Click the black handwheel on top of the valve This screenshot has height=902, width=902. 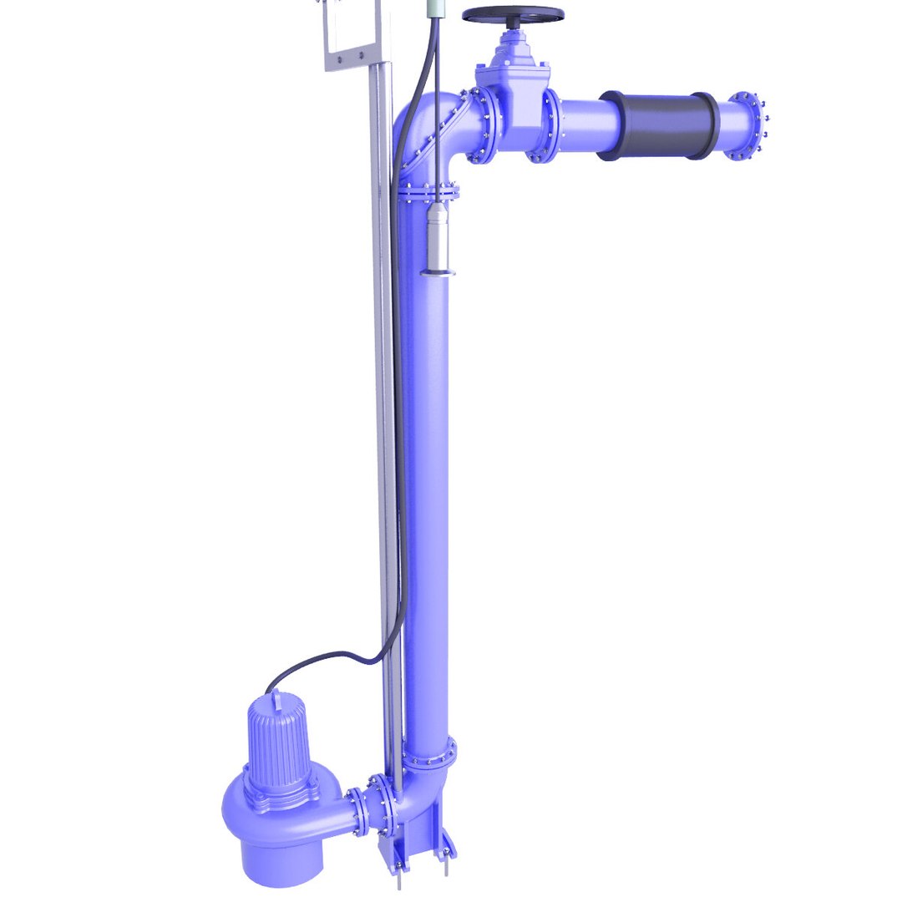coord(513,15)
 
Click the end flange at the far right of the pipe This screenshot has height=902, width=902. coord(746,125)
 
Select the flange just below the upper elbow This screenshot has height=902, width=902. coord(428,193)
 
